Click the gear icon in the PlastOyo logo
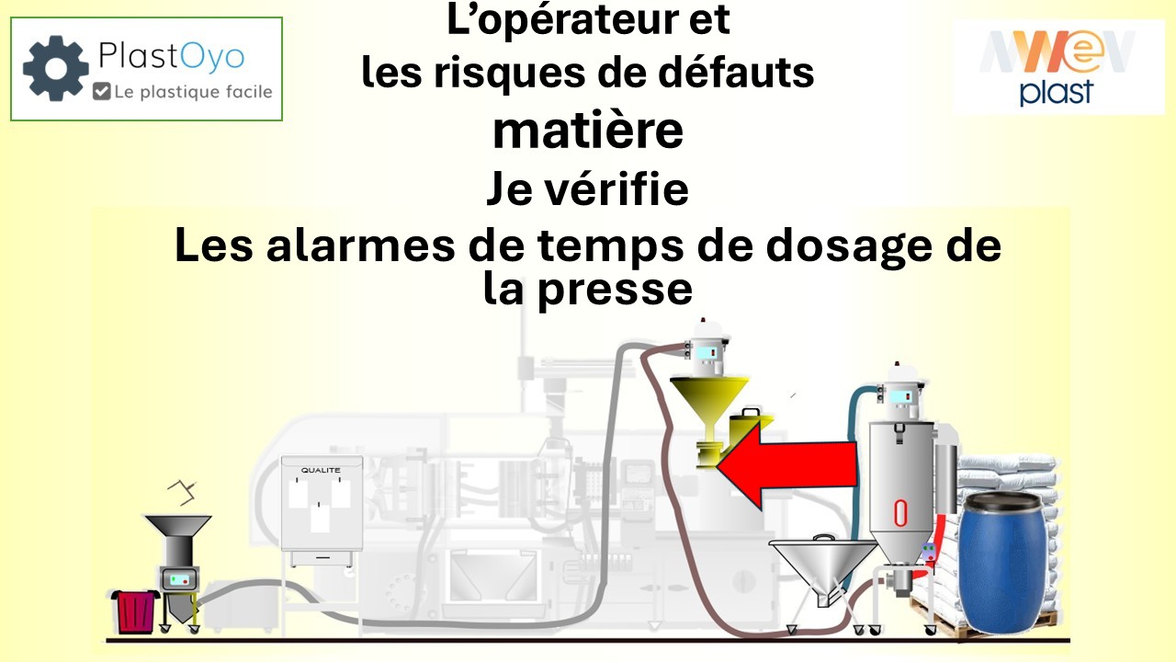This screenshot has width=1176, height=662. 56,68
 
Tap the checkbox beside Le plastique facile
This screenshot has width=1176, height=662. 102,91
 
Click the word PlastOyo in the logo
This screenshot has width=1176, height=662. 172,58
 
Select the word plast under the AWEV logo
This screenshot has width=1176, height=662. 1057,92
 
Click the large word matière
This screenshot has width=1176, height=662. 588,131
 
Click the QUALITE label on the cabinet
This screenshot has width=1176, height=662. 321,470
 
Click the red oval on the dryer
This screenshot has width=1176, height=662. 900,513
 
